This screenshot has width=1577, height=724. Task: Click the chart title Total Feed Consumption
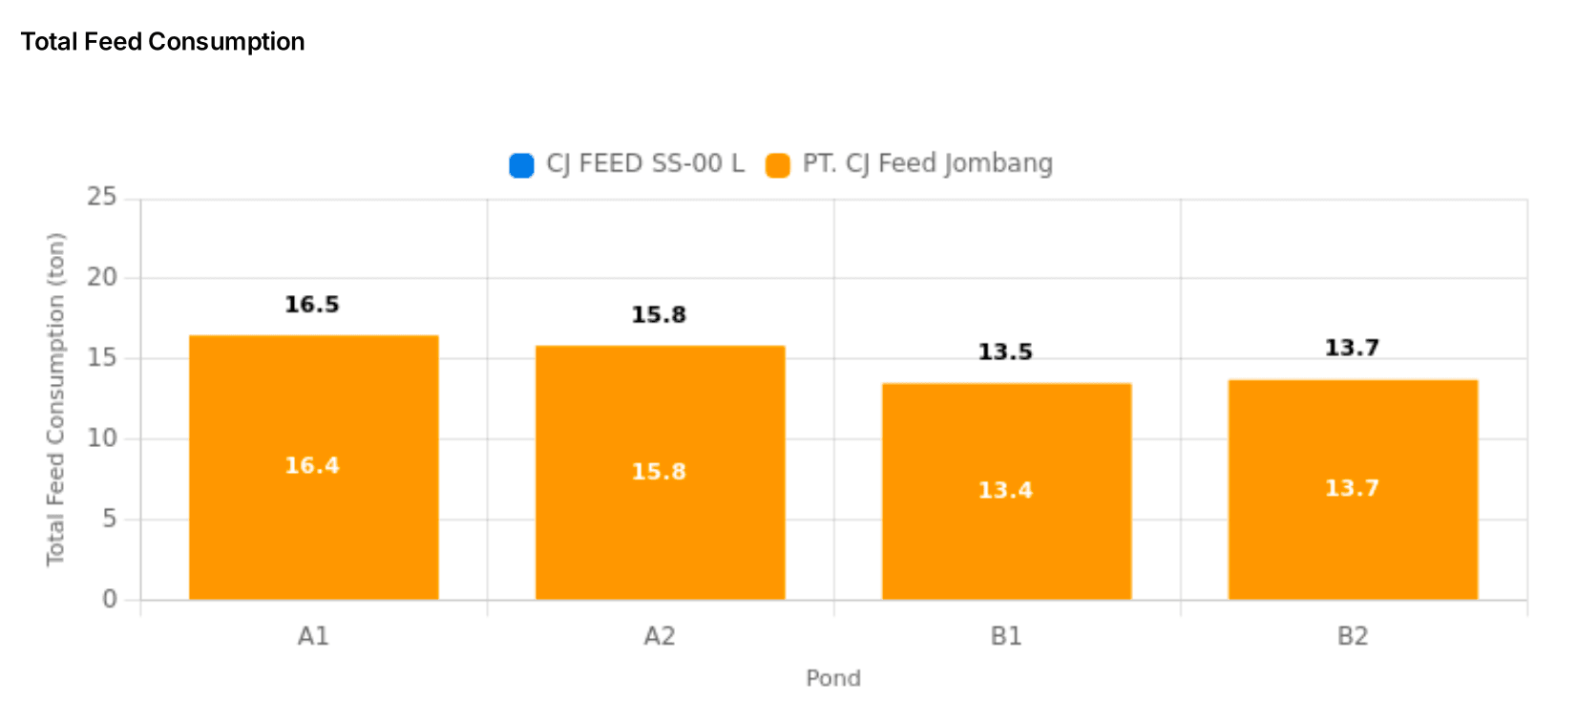point(162,42)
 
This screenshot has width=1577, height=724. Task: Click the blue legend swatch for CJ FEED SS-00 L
point(521,165)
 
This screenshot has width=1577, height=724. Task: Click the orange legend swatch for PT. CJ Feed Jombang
point(778,165)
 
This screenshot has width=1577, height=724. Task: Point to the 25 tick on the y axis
point(101,198)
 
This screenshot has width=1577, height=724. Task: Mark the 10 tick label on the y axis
point(101,438)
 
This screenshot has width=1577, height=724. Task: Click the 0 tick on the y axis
point(110,599)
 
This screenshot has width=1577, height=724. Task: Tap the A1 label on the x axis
point(313,636)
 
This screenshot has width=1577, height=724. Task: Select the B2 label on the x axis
point(1353,636)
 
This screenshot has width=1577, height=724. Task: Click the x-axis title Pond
point(833,678)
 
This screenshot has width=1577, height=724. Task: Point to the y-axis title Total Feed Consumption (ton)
point(56,399)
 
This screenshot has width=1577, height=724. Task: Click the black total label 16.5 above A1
point(312,305)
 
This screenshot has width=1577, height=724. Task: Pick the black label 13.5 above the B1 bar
point(1005,352)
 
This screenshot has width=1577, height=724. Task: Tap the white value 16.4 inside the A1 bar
point(312,465)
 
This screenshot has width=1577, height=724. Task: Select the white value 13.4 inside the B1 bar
point(1005,490)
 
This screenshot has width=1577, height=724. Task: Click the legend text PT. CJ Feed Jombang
point(927,164)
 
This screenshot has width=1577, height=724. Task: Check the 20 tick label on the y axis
point(101,278)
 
